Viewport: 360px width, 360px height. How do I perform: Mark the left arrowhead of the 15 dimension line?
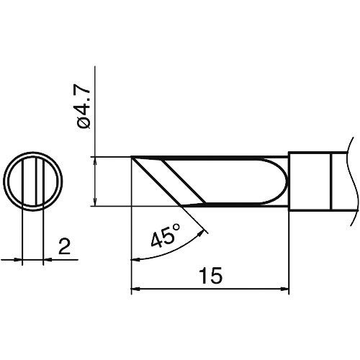(135, 291)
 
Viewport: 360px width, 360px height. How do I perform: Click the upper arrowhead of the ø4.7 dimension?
(96, 160)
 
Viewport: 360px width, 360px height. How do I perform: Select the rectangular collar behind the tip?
(310, 181)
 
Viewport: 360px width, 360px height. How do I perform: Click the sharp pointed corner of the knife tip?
(132, 157)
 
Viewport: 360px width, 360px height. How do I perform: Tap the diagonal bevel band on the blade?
(173, 181)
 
